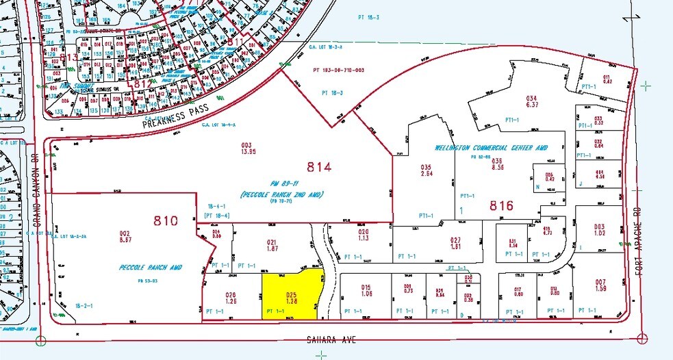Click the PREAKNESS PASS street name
tap(174, 117)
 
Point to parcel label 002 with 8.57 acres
tap(124, 237)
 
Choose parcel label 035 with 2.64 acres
tap(427, 170)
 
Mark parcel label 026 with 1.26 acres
tap(230, 298)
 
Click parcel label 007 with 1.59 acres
tap(600, 285)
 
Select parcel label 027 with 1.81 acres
tap(455, 243)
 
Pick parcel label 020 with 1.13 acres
tap(363, 235)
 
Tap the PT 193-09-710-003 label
tap(343, 70)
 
